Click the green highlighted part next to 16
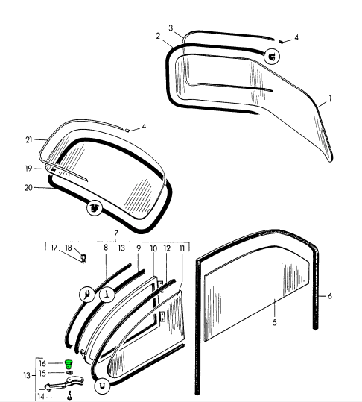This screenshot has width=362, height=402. (69, 364)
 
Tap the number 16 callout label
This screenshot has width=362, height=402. (42, 363)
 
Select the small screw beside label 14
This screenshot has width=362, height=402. (69, 395)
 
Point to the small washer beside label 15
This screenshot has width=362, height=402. (69, 372)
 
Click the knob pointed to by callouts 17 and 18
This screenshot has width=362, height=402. (83, 257)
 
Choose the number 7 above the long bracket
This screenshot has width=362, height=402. (116, 233)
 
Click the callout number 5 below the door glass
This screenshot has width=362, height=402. (275, 322)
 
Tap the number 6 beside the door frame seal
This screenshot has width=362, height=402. (330, 296)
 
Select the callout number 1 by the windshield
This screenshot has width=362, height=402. (330, 98)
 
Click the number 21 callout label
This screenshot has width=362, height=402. (29, 139)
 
